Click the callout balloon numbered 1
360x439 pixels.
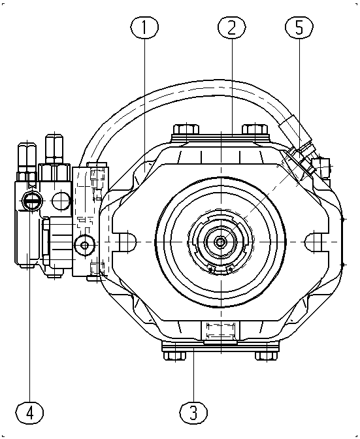click(144, 27)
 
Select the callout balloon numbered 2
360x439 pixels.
click(232, 27)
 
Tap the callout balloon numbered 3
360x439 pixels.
click(193, 412)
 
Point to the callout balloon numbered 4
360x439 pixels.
click(29, 413)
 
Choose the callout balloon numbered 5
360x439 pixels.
click(299, 27)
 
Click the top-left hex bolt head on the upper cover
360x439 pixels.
click(186, 129)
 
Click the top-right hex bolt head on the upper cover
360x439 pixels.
click(255, 129)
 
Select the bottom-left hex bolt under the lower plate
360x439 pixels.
click(174, 356)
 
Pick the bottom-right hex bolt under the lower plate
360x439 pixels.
click(266, 356)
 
